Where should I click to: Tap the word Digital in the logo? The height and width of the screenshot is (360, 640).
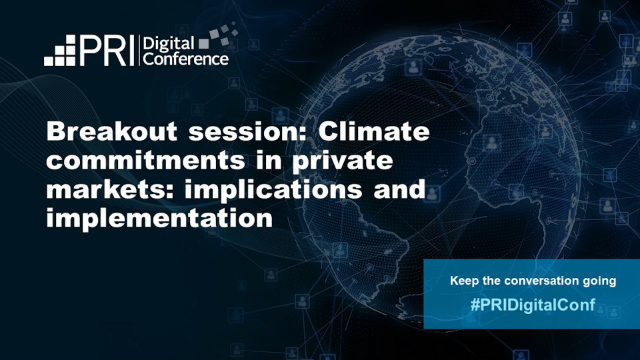pos(167,43)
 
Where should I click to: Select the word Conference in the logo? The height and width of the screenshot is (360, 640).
pos(187,59)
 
